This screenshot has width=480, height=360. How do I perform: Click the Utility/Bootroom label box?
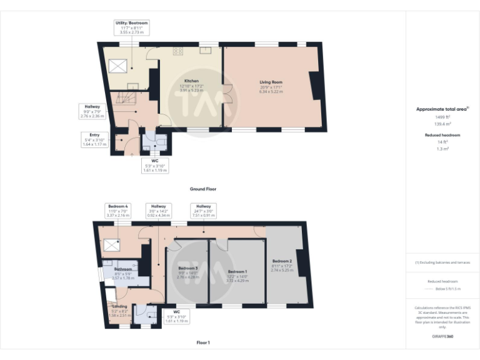click(x=132, y=26)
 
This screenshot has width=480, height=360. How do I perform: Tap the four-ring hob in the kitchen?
click(x=177, y=51)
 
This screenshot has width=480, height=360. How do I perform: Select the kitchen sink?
click(x=205, y=51)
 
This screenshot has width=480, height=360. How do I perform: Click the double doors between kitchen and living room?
click(x=226, y=94)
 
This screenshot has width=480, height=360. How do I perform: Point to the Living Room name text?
click(x=271, y=82)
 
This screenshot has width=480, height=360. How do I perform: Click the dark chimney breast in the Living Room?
click(x=316, y=85)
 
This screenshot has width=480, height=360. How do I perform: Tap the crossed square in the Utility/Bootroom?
click(x=119, y=66)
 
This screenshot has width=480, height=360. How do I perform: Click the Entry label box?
click(x=94, y=139)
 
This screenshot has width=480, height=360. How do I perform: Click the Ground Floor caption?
click(x=203, y=189)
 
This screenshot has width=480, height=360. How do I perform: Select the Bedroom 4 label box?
click(x=118, y=211)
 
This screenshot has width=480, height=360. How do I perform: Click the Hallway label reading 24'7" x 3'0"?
click(x=203, y=211)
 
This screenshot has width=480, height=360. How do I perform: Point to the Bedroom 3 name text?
click(x=187, y=268)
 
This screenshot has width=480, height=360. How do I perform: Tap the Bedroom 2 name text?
click(x=282, y=261)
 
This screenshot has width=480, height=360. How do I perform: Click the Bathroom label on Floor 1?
click(x=122, y=269)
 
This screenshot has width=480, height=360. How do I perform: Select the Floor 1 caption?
click(x=203, y=342)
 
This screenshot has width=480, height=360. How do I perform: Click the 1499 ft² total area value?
click(x=442, y=117)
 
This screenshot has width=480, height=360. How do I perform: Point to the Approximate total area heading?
click(x=442, y=109)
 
